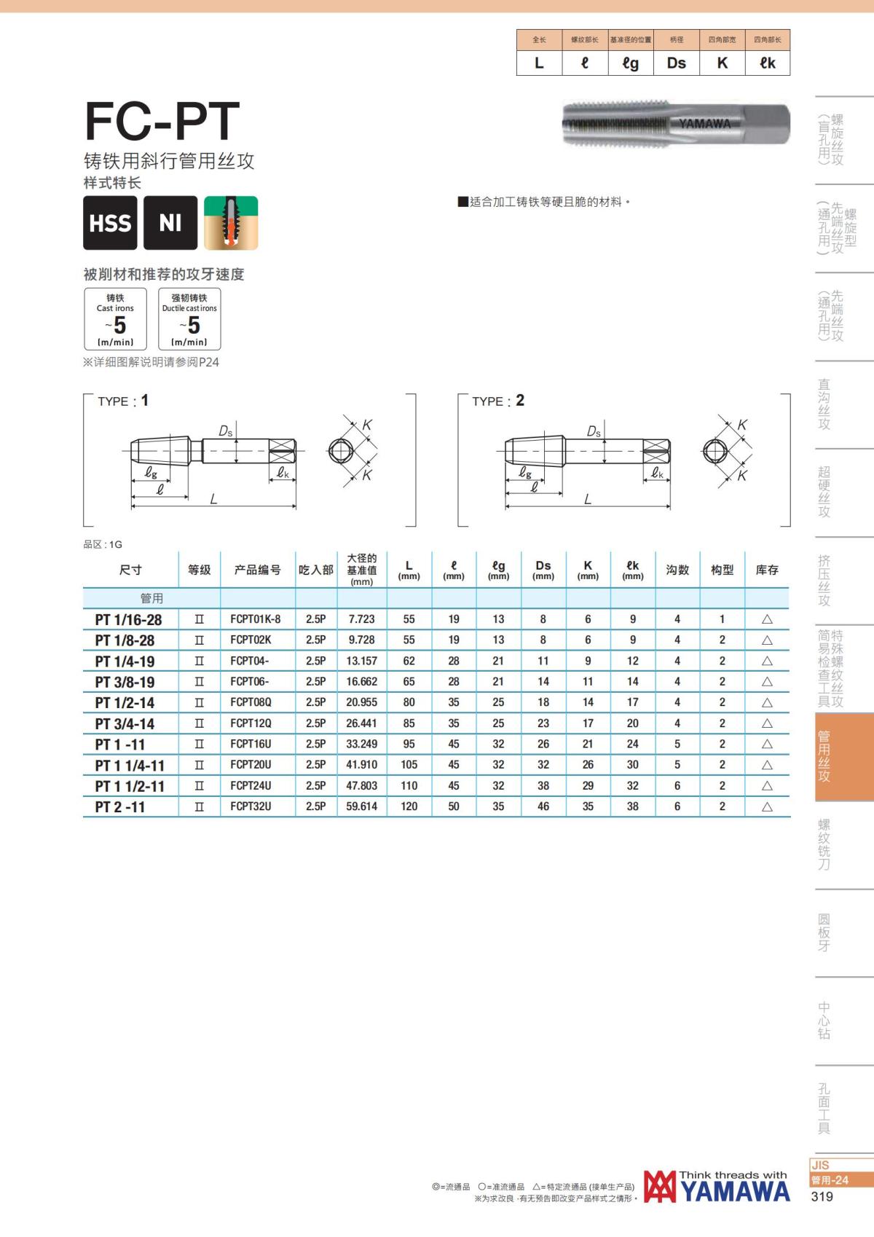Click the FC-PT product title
(x=162, y=121)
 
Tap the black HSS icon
(x=110, y=223)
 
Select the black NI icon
(x=170, y=223)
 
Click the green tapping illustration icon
(x=231, y=223)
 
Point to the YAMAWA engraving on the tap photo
(x=704, y=124)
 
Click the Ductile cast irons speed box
(x=189, y=319)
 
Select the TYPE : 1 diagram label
(x=123, y=401)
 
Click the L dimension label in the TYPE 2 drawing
(x=587, y=500)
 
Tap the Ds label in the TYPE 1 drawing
(x=226, y=431)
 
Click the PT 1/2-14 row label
(x=125, y=703)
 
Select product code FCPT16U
(x=251, y=744)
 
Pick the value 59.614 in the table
(x=361, y=806)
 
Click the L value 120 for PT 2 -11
(x=409, y=806)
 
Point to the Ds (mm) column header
(x=543, y=570)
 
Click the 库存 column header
(x=767, y=570)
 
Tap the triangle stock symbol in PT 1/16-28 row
(x=767, y=619)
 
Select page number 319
(x=822, y=1196)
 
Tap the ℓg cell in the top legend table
(x=631, y=63)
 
